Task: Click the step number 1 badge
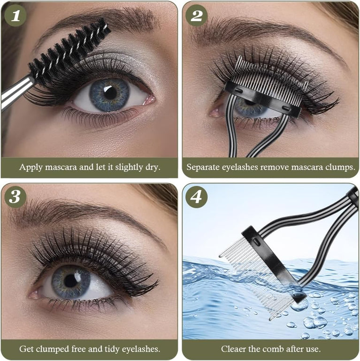[x=15, y=15]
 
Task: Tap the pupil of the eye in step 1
[x=110, y=92]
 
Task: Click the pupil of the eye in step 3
[x=70, y=281]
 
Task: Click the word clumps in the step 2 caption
[x=339, y=167]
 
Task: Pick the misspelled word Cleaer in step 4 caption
[x=233, y=349]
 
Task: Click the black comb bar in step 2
[x=263, y=99]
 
